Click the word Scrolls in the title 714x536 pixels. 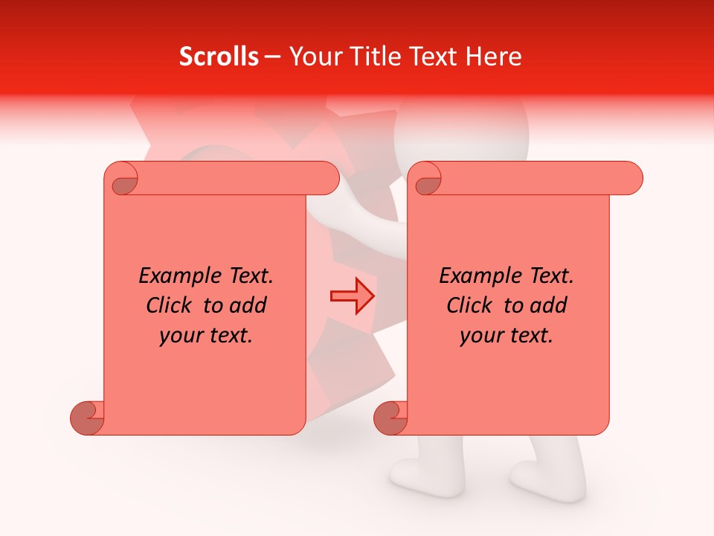(x=219, y=57)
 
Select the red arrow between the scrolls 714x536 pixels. (x=353, y=296)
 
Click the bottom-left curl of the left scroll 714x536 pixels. (x=87, y=416)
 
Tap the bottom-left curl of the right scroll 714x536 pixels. (x=390, y=416)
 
